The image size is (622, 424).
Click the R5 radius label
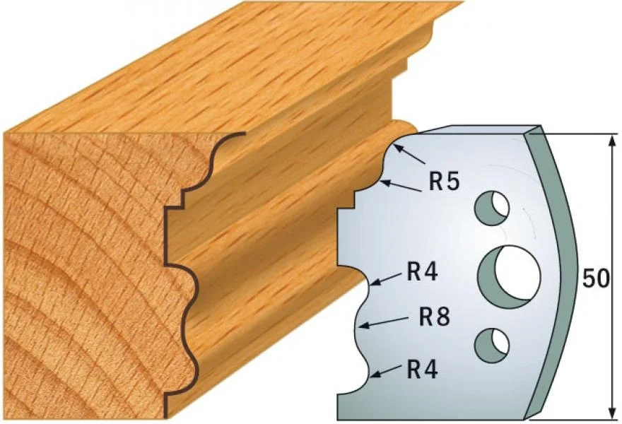[444, 182]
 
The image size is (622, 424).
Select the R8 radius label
[435, 317]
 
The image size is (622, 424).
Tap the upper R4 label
[423, 273]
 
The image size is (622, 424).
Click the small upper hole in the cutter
[492, 208]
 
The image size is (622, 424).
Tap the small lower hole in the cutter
[492, 345]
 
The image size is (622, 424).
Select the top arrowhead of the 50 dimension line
[613, 141]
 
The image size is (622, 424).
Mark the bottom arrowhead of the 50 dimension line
[613, 412]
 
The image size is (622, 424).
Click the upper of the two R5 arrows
[410, 155]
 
